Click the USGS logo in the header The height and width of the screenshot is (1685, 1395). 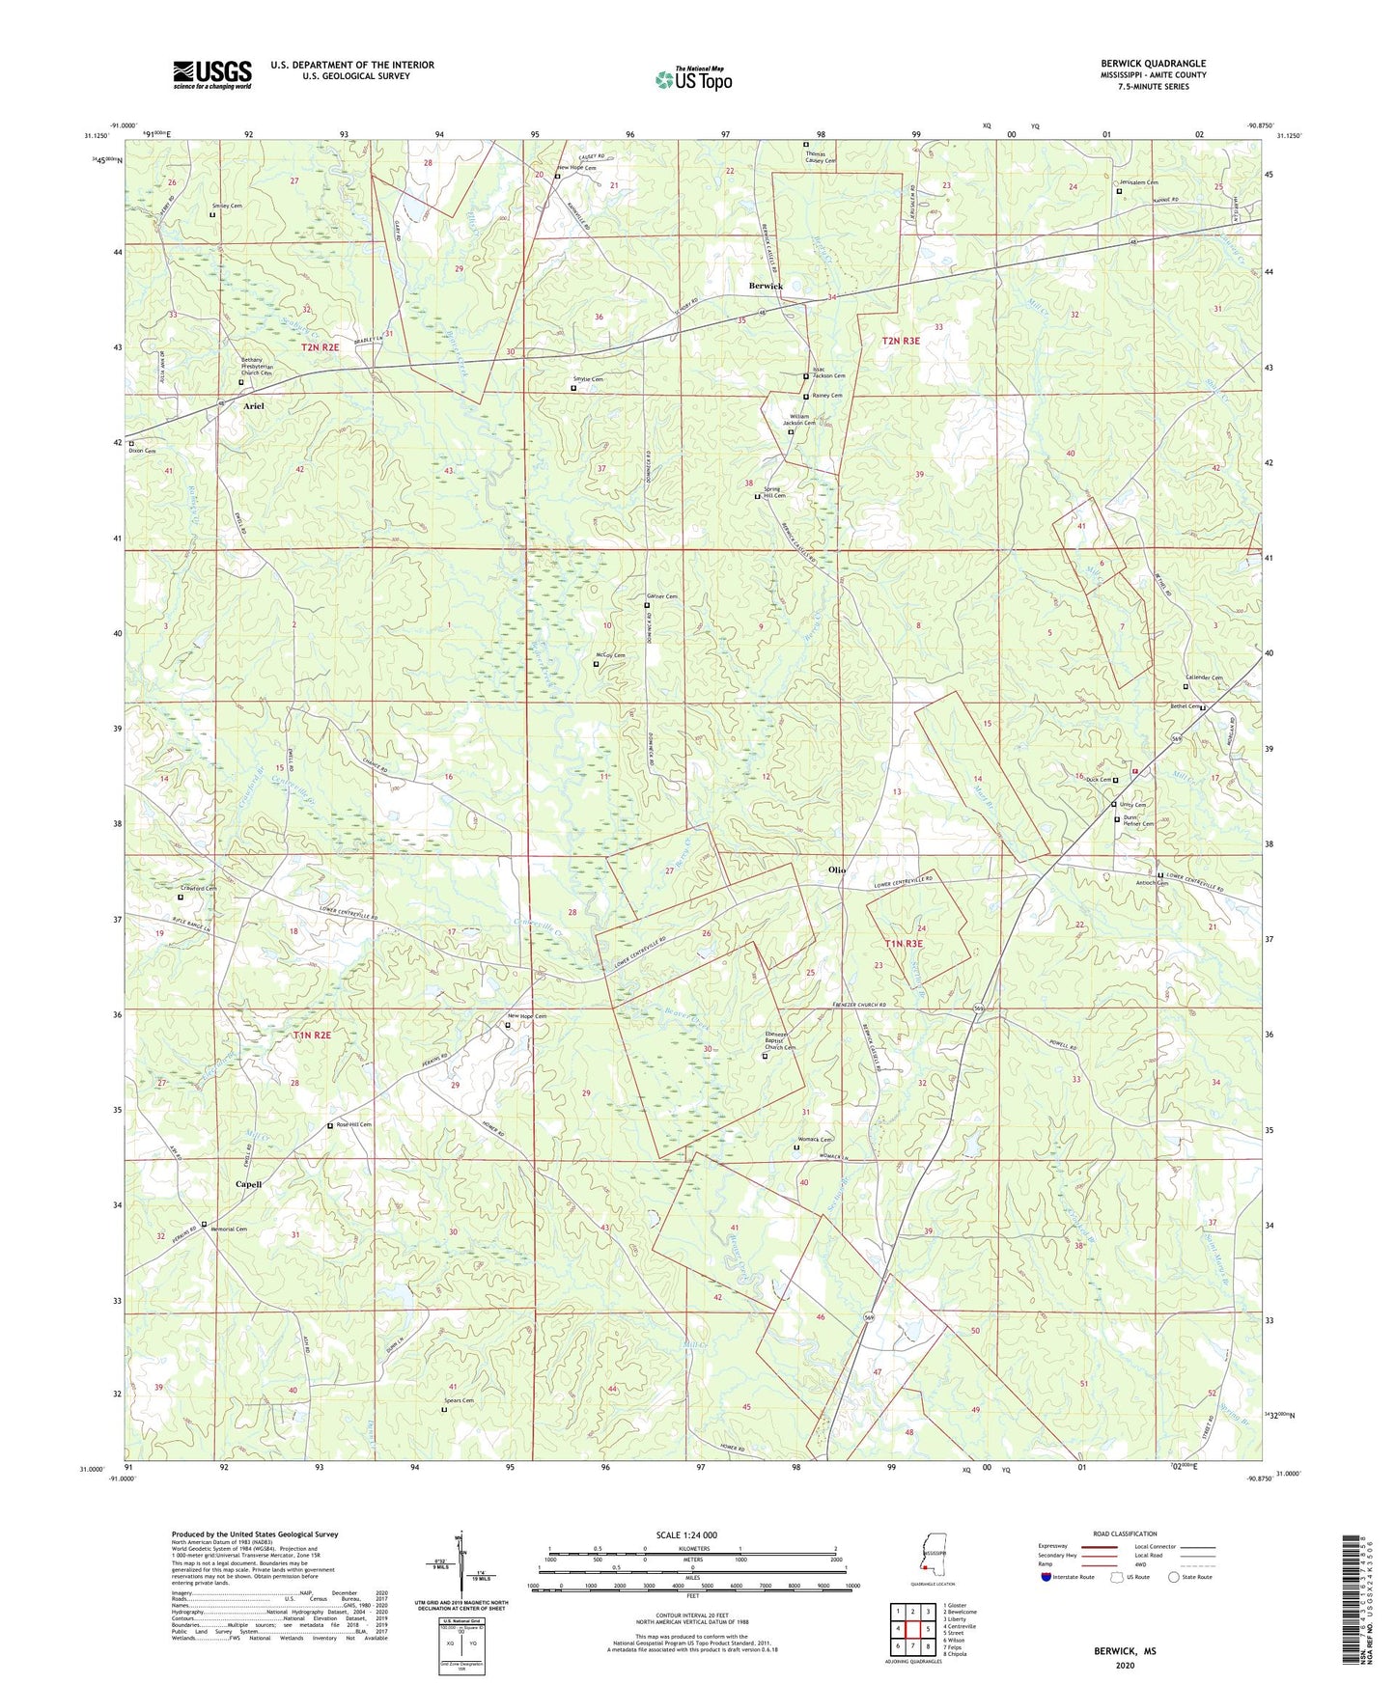(212, 73)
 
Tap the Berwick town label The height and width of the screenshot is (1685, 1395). (766, 287)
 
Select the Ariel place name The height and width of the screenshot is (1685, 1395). (253, 406)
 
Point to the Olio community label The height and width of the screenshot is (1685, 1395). (836, 870)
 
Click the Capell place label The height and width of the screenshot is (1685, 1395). (248, 1184)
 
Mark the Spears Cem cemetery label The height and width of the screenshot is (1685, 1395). (459, 1400)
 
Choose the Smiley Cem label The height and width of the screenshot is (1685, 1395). (227, 207)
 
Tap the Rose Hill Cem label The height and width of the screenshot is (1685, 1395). (352, 1124)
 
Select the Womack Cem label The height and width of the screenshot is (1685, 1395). (814, 1140)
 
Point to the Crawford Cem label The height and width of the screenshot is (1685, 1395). (198, 889)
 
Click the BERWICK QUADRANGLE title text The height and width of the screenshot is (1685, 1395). (1153, 64)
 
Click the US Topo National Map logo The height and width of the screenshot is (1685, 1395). (693, 78)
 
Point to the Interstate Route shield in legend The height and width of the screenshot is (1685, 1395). (1046, 1577)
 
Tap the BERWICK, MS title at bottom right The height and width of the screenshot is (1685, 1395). (1125, 1651)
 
